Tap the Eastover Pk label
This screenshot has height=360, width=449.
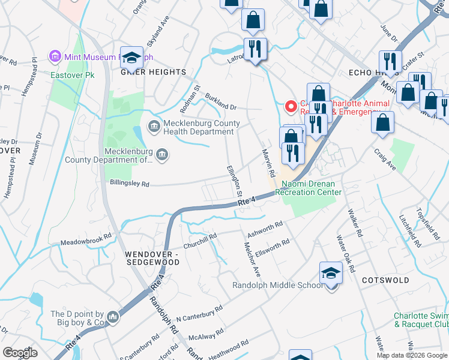[73, 76]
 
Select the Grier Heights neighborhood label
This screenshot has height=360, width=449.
[154, 72]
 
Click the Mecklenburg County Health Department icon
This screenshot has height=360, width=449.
[153, 126]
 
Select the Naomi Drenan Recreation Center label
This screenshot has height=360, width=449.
[309, 188]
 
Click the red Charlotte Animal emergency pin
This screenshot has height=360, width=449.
[291, 107]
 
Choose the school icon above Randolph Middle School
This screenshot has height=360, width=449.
[330, 274]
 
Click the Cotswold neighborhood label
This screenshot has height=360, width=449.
[385, 280]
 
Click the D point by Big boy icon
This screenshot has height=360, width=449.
[113, 316]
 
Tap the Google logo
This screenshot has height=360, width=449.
[20, 353]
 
